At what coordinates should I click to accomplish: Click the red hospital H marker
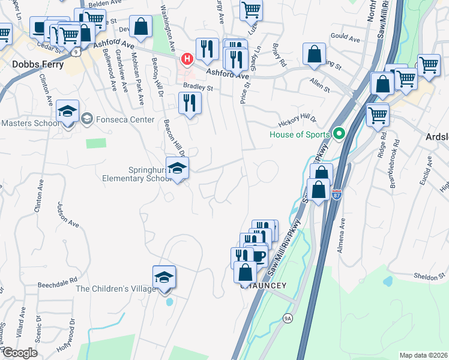click(x=187, y=59)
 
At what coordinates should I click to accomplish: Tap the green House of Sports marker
click(x=339, y=133)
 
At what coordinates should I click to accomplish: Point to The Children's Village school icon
click(x=164, y=277)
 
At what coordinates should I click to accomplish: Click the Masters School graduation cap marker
click(x=68, y=111)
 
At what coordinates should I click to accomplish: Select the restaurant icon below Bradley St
click(x=190, y=103)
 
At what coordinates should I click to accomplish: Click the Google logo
click(x=19, y=353)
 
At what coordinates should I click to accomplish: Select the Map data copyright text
click(x=423, y=355)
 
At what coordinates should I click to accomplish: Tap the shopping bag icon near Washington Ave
click(x=140, y=26)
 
